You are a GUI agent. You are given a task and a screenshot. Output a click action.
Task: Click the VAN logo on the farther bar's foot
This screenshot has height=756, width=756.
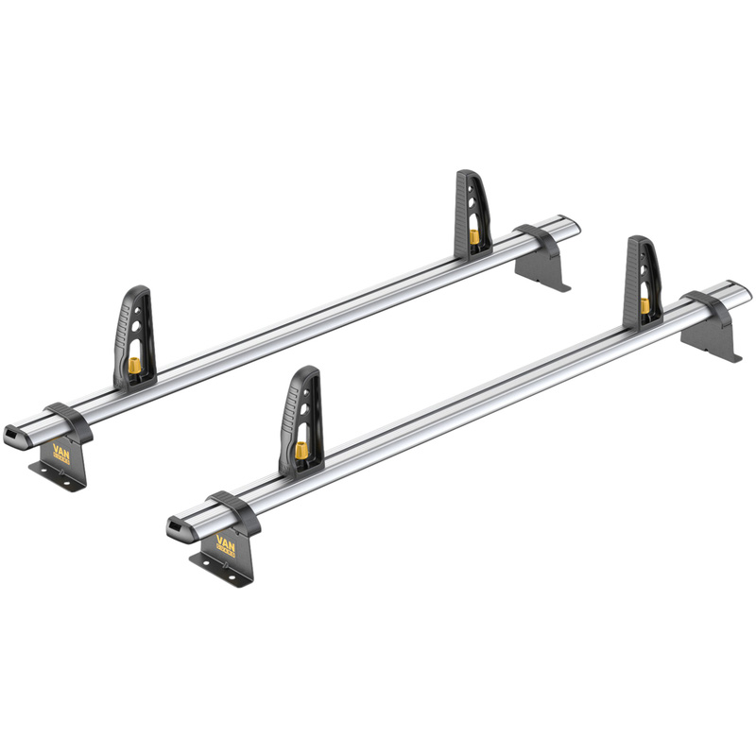pyautogui.click(x=65, y=450)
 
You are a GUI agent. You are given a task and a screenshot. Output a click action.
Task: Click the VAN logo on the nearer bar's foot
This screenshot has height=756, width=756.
pyautogui.click(x=227, y=544)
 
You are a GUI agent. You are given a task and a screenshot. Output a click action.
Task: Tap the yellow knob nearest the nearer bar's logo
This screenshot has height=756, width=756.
pyautogui.click(x=301, y=451)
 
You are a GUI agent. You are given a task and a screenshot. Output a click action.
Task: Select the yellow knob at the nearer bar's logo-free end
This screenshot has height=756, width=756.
pyautogui.click(x=644, y=304)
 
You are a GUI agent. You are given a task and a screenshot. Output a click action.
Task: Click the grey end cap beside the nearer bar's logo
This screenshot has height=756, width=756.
pyautogui.click(x=180, y=529)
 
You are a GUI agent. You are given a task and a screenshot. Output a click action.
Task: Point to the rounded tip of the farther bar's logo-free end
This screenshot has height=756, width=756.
pyautogui.click(x=574, y=227)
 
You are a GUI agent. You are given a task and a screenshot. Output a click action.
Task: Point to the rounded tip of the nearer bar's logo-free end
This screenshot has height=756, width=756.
pyautogui.click(x=747, y=292)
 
